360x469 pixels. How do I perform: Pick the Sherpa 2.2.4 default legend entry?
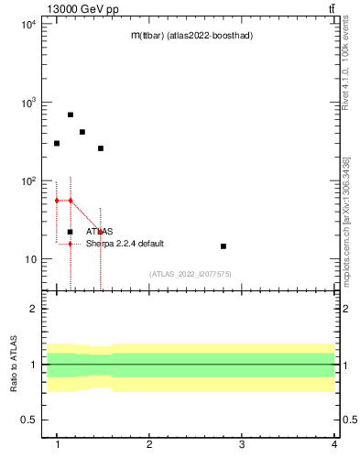coord(125,244)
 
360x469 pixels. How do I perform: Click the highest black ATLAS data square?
coord(71,115)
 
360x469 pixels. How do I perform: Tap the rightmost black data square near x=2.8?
coord(224,246)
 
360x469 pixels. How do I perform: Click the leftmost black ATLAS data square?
coord(57,143)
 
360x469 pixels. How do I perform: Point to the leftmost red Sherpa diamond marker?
coord(57,200)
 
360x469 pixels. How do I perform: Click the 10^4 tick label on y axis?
coord(27,25)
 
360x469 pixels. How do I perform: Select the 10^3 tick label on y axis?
coord(27,103)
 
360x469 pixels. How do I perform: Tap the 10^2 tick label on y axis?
coord(27,181)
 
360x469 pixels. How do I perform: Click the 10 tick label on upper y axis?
coord(30,259)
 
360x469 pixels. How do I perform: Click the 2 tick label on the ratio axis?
coord(34,309)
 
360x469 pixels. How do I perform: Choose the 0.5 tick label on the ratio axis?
coord(29,420)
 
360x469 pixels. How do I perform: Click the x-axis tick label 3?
coord(242,444)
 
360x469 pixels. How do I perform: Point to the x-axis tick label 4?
coord(334,444)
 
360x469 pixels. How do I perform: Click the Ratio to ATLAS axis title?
coord(14,364)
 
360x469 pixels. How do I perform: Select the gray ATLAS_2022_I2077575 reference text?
coord(191,274)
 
